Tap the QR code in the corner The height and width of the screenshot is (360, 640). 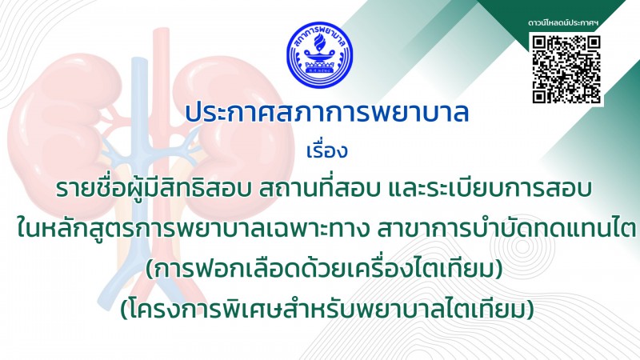click(x=566, y=70)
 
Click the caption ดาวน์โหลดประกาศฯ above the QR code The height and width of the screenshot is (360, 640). click(x=563, y=23)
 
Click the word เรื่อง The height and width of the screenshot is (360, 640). click(x=326, y=150)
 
